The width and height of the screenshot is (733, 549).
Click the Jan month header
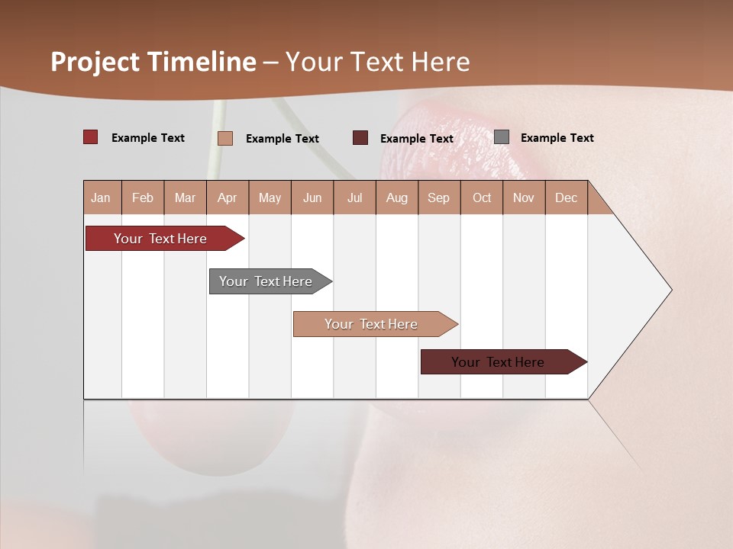click(x=102, y=197)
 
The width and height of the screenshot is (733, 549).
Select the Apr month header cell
click(x=228, y=197)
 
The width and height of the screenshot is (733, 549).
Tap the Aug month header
click(x=397, y=197)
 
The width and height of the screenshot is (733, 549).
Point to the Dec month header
click(x=567, y=197)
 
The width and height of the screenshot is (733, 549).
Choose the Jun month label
click(x=312, y=197)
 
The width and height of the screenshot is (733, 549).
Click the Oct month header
click(x=482, y=197)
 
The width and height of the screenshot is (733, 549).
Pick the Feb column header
click(x=143, y=197)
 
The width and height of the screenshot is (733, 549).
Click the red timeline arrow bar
click(x=160, y=239)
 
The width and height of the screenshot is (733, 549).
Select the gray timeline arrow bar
click(x=266, y=281)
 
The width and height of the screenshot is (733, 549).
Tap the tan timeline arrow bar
click(x=371, y=324)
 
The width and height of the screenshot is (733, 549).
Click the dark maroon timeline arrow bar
click(x=498, y=362)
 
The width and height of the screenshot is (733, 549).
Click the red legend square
click(x=91, y=137)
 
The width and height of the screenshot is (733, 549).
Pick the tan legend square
click(x=225, y=138)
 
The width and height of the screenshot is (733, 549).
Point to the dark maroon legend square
click(x=360, y=138)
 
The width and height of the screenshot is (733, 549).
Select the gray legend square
click(x=502, y=137)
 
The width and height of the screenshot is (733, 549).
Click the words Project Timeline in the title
click(x=153, y=62)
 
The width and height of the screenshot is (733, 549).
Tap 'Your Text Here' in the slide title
click(x=378, y=62)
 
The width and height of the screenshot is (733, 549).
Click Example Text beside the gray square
click(x=557, y=138)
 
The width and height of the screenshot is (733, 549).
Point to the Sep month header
click(x=438, y=197)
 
